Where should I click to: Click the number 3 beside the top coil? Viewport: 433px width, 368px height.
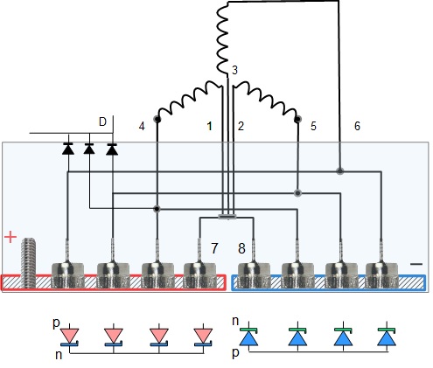click(234, 70)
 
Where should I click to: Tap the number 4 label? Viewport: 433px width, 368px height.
click(142, 127)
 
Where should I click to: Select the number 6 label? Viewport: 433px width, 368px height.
click(357, 126)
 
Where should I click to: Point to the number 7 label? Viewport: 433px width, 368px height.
click(214, 248)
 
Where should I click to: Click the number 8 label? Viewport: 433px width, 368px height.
click(241, 248)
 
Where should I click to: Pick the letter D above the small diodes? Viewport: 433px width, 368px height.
click(102, 122)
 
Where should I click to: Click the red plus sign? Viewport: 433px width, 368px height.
click(10, 237)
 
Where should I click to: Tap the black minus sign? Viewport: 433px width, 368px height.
click(416, 264)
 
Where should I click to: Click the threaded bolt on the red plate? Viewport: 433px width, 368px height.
click(29, 263)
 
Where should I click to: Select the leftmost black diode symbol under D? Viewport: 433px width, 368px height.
click(68, 149)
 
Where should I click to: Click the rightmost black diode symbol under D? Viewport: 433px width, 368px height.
click(112, 149)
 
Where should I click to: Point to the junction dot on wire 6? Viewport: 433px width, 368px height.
click(339, 171)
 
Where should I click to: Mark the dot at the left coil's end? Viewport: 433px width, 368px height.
click(157, 119)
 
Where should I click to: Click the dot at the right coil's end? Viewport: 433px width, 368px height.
click(298, 119)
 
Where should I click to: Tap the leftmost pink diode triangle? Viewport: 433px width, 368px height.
click(69, 336)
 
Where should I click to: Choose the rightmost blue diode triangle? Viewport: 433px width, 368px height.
click(387, 339)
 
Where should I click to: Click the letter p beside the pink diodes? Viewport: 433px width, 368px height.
click(56, 323)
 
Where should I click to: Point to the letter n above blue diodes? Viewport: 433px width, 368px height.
click(235, 321)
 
